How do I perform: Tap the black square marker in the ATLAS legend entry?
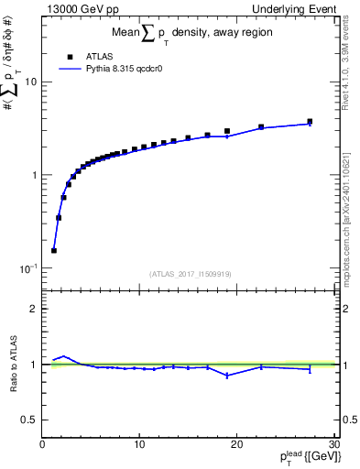(x=70, y=55)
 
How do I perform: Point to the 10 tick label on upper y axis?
(x=29, y=82)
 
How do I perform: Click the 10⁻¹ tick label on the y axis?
(x=27, y=268)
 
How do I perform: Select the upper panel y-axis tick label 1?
(x=33, y=175)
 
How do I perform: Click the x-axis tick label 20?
(x=236, y=444)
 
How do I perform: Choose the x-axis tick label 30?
(x=333, y=444)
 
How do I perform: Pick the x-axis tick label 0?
(x=42, y=444)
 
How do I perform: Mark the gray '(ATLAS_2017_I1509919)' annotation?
(x=190, y=273)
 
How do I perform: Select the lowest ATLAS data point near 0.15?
(x=54, y=250)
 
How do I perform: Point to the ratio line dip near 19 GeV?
(x=227, y=376)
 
